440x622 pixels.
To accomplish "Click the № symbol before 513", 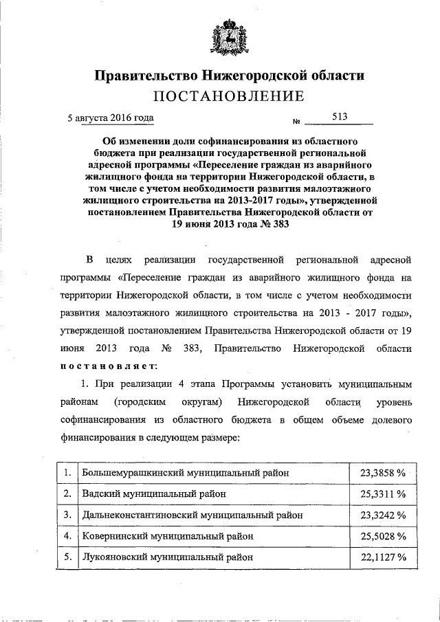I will pyautogui.click(x=298, y=122).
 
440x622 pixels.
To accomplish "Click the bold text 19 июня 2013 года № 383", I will pyautogui.click(x=219, y=223).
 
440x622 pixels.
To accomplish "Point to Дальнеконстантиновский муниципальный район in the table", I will pyautogui.click(x=190, y=514).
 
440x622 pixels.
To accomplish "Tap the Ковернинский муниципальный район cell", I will pyautogui.click(x=167, y=535).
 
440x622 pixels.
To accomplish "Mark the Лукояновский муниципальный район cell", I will pyautogui.click(x=165, y=556).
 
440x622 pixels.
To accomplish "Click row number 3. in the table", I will pyautogui.click(x=66, y=514).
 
